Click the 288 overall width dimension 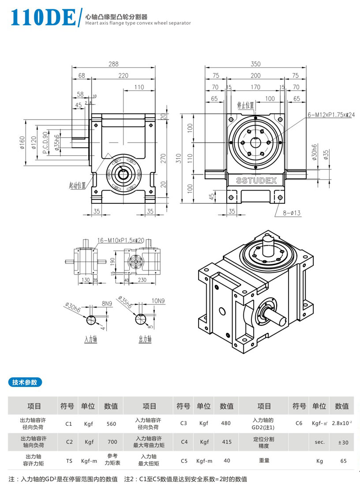113,64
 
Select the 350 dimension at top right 255,64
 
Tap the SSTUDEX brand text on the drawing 256,180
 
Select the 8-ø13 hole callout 292,213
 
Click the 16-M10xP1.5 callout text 121,240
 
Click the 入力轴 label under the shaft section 90,339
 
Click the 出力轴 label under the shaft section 145,339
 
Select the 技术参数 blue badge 25,382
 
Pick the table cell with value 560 111,424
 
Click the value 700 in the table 111,442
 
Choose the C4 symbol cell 184,442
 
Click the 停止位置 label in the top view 245,105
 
